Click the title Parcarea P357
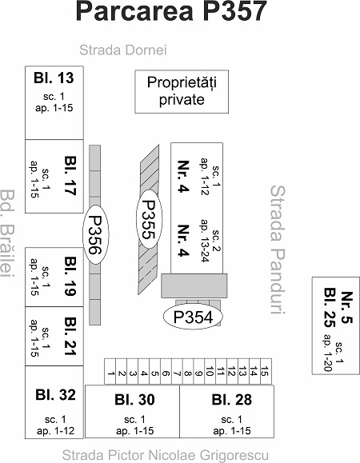pos(171,11)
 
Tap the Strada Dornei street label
pos(123,50)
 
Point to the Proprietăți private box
pos(182,91)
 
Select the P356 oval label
pos(95,234)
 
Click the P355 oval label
pos(149,219)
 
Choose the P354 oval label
pos(193,316)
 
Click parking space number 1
pos(110,372)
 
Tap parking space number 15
pos(266,372)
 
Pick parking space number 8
pos(188,372)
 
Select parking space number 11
pos(222,372)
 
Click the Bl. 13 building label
pos(54,78)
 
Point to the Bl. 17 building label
pos(70,175)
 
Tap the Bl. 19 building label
pos(70,276)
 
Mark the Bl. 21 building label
pos(70,337)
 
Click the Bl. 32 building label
pos(55,394)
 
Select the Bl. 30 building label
pos(134,400)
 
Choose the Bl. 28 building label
pos(232,400)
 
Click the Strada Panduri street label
pos(278,249)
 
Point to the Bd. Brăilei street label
pos(7,233)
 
